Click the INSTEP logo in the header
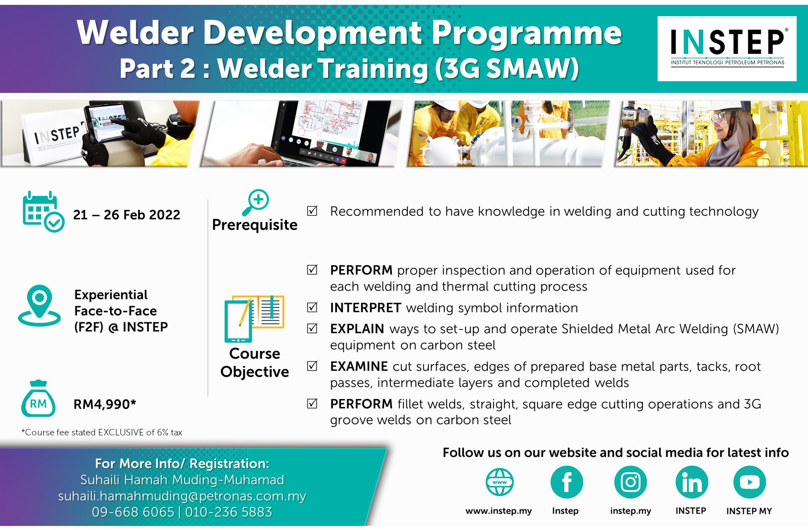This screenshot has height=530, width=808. [x=727, y=49]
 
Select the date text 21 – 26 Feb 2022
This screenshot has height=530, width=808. [x=126, y=215]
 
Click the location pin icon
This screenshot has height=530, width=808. [x=39, y=306]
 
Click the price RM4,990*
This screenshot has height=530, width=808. [x=105, y=404]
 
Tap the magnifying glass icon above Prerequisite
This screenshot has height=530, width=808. [x=255, y=203]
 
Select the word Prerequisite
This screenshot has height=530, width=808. [x=255, y=225]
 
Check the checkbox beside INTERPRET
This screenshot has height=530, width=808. [x=312, y=308]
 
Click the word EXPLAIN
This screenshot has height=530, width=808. [x=357, y=329]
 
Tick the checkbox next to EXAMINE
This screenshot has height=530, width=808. [x=312, y=366]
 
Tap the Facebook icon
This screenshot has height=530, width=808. [x=567, y=482]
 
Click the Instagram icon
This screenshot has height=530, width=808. [x=630, y=482]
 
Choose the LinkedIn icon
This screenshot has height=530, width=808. [x=692, y=482]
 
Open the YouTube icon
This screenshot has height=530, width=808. [x=749, y=482]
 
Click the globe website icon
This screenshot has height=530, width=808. [x=500, y=482]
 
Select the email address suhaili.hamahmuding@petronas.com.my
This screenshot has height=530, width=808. [x=182, y=496]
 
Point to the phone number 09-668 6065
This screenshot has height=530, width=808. [x=133, y=512]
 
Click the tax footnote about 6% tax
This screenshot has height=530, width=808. [x=102, y=432]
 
